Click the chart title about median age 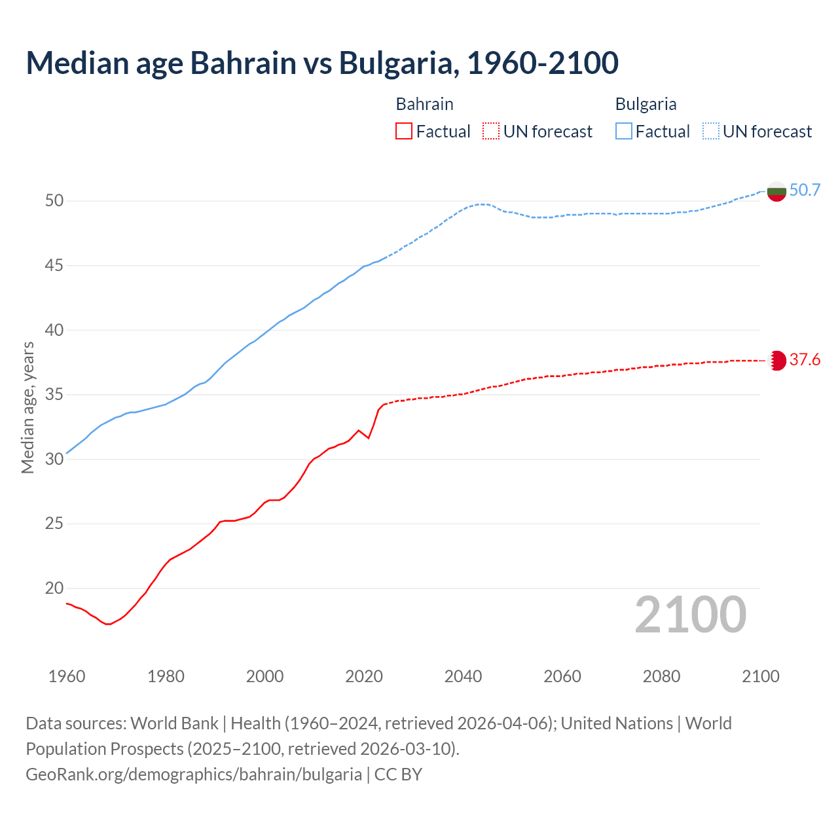[x=322, y=63]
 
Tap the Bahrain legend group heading [x=424, y=104]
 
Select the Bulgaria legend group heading [x=646, y=104]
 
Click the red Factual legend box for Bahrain [x=404, y=132]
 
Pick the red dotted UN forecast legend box [x=491, y=132]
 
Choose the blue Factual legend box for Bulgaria [x=624, y=132]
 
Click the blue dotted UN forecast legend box [x=710, y=132]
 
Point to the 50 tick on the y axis [x=54, y=200]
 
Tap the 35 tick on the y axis [x=54, y=395]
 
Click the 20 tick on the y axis [x=54, y=589]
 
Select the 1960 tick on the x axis [x=67, y=676]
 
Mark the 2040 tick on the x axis [x=463, y=676]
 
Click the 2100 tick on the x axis [x=761, y=676]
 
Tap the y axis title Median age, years [x=27, y=407]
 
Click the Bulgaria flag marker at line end [x=776, y=191]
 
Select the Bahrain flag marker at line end [x=776, y=360]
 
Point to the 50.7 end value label [x=805, y=191]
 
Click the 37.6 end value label [x=805, y=360]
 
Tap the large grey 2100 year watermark [x=691, y=614]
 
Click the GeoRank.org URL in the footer [x=194, y=774]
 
